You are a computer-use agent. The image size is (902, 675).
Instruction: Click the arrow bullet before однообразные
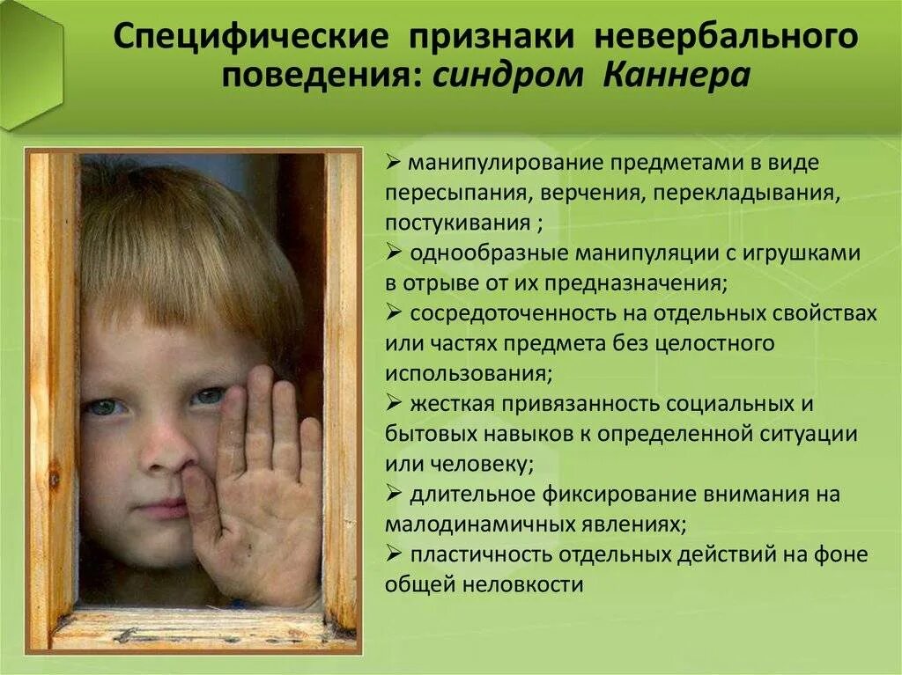click(x=394, y=253)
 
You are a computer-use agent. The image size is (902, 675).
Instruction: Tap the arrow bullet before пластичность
click(x=394, y=554)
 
